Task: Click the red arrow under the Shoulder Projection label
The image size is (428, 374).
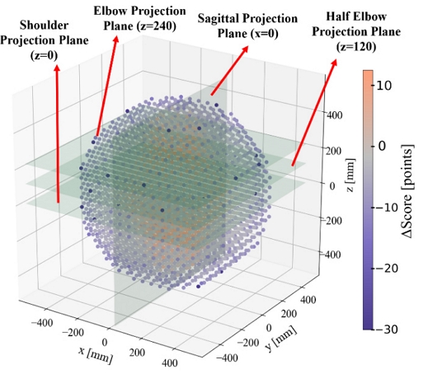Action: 57,132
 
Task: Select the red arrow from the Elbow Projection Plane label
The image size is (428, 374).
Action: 115,86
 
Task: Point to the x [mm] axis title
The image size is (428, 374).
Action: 95,353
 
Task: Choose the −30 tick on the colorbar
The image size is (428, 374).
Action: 396,329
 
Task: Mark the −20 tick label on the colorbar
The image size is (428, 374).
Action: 396,269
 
